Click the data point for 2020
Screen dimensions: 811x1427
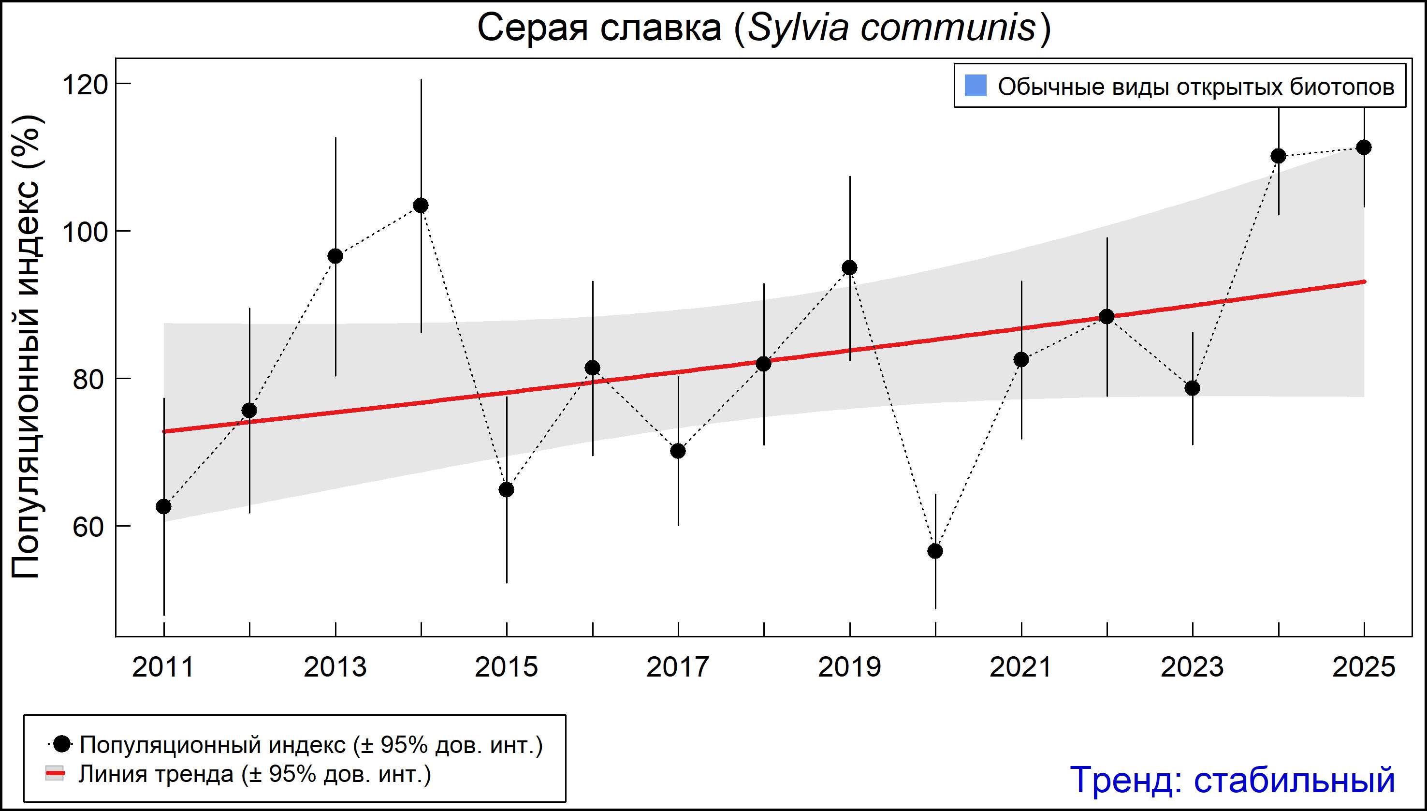coord(935,551)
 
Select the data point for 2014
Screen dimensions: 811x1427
coord(421,206)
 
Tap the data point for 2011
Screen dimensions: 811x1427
coord(164,506)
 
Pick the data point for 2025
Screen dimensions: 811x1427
coord(1364,147)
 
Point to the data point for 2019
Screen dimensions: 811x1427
coord(850,268)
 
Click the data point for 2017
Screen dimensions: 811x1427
coord(678,451)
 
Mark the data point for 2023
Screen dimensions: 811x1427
coord(1192,388)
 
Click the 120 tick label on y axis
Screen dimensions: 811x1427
coord(85,85)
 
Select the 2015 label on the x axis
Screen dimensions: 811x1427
coord(506,667)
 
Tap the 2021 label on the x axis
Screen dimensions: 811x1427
coord(1020,667)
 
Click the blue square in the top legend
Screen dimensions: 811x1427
coord(976,86)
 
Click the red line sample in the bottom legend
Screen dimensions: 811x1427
coord(55,774)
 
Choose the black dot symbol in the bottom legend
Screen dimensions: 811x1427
coord(62,744)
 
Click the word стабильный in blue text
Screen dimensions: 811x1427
coord(1294,780)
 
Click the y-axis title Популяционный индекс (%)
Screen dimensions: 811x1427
coord(26,346)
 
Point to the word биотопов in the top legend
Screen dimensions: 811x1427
coord(1342,87)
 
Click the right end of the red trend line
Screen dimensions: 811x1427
coord(1363,282)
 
